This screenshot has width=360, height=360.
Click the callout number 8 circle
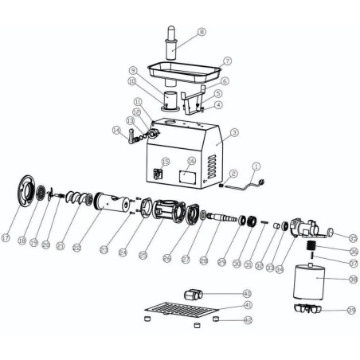click(x=202, y=32)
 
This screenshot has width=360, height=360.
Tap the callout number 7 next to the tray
click(x=228, y=61)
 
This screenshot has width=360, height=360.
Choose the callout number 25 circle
click(x=143, y=256)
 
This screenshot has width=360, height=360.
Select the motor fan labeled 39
click(x=306, y=307)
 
